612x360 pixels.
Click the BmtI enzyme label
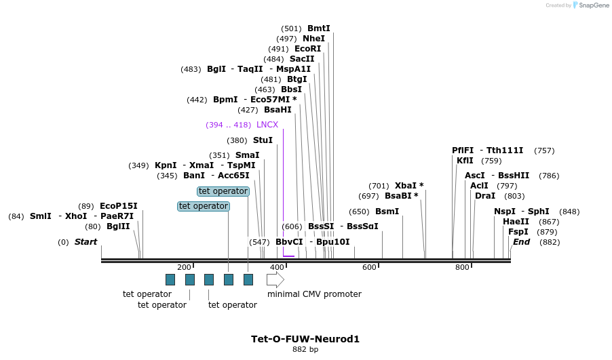click(x=318, y=28)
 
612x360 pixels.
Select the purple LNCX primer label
click(x=267, y=125)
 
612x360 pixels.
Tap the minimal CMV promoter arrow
click(x=275, y=279)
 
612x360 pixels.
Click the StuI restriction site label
click(x=263, y=140)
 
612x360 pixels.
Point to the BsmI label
click(x=387, y=212)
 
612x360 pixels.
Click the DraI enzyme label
click(x=485, y=196)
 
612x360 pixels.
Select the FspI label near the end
click(x=518, y=232)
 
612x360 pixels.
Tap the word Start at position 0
click(x=85, y=242)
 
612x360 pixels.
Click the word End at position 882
click(x=521, y=242)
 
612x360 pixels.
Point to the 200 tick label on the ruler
click(x=184, y=268)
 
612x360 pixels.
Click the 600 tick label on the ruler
click(x=369, y=268)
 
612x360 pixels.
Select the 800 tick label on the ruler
click(x=462, y=268)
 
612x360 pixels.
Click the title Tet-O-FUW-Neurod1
click(x=305, y=339)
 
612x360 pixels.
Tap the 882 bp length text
click(x=305, y=350)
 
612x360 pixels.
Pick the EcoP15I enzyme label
click(x=118, y=206)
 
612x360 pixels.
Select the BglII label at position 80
click(x=118, y=226)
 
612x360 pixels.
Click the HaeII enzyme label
click(x=516, y=222)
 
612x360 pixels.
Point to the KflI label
click(x=465, y=161)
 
